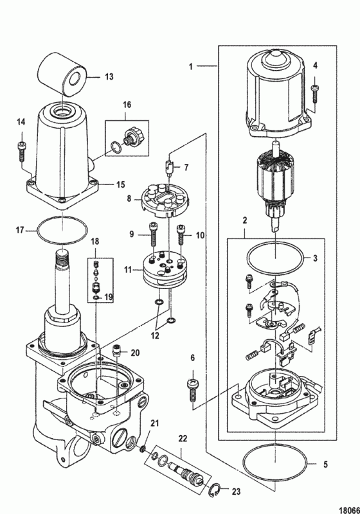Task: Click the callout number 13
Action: [x=109, y=76]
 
